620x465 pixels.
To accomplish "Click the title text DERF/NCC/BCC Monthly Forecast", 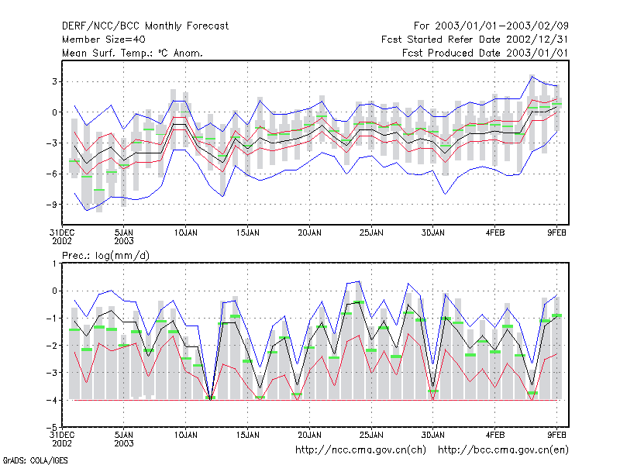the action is tap(145, 26).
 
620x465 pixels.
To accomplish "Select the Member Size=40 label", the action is tap(104, 40).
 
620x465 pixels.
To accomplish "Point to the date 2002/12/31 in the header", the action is tap(537, 40).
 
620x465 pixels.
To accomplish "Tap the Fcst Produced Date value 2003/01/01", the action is tap(537, 53).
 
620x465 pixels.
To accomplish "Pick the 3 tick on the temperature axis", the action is tap(54, 81).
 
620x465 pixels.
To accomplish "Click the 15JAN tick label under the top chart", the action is tap(247, 232).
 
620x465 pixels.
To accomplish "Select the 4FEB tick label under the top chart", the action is tap(495, 232).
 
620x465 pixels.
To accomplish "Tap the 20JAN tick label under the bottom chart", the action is tap(309, 435).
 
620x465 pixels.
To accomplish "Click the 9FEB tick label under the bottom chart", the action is tap(556, 435).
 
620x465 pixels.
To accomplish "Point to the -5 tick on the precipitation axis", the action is tap(52, 427).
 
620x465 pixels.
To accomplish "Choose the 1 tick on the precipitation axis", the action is tap(54, 263).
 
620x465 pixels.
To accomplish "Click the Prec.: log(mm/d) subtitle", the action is tap(105, 256).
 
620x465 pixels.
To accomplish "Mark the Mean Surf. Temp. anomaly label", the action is tap(133, 53).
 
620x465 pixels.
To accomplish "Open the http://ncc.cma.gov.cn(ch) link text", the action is tap(360, 450).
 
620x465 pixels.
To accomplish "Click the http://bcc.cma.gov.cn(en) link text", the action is tap(503, 450).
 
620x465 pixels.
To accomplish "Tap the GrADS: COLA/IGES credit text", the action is tap(35, 460).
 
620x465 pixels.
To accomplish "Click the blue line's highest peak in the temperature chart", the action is tap(532, 76).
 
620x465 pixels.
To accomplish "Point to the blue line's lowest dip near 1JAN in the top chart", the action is tap(87, 210).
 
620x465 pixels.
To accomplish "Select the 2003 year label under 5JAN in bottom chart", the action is tap(124, 443).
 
